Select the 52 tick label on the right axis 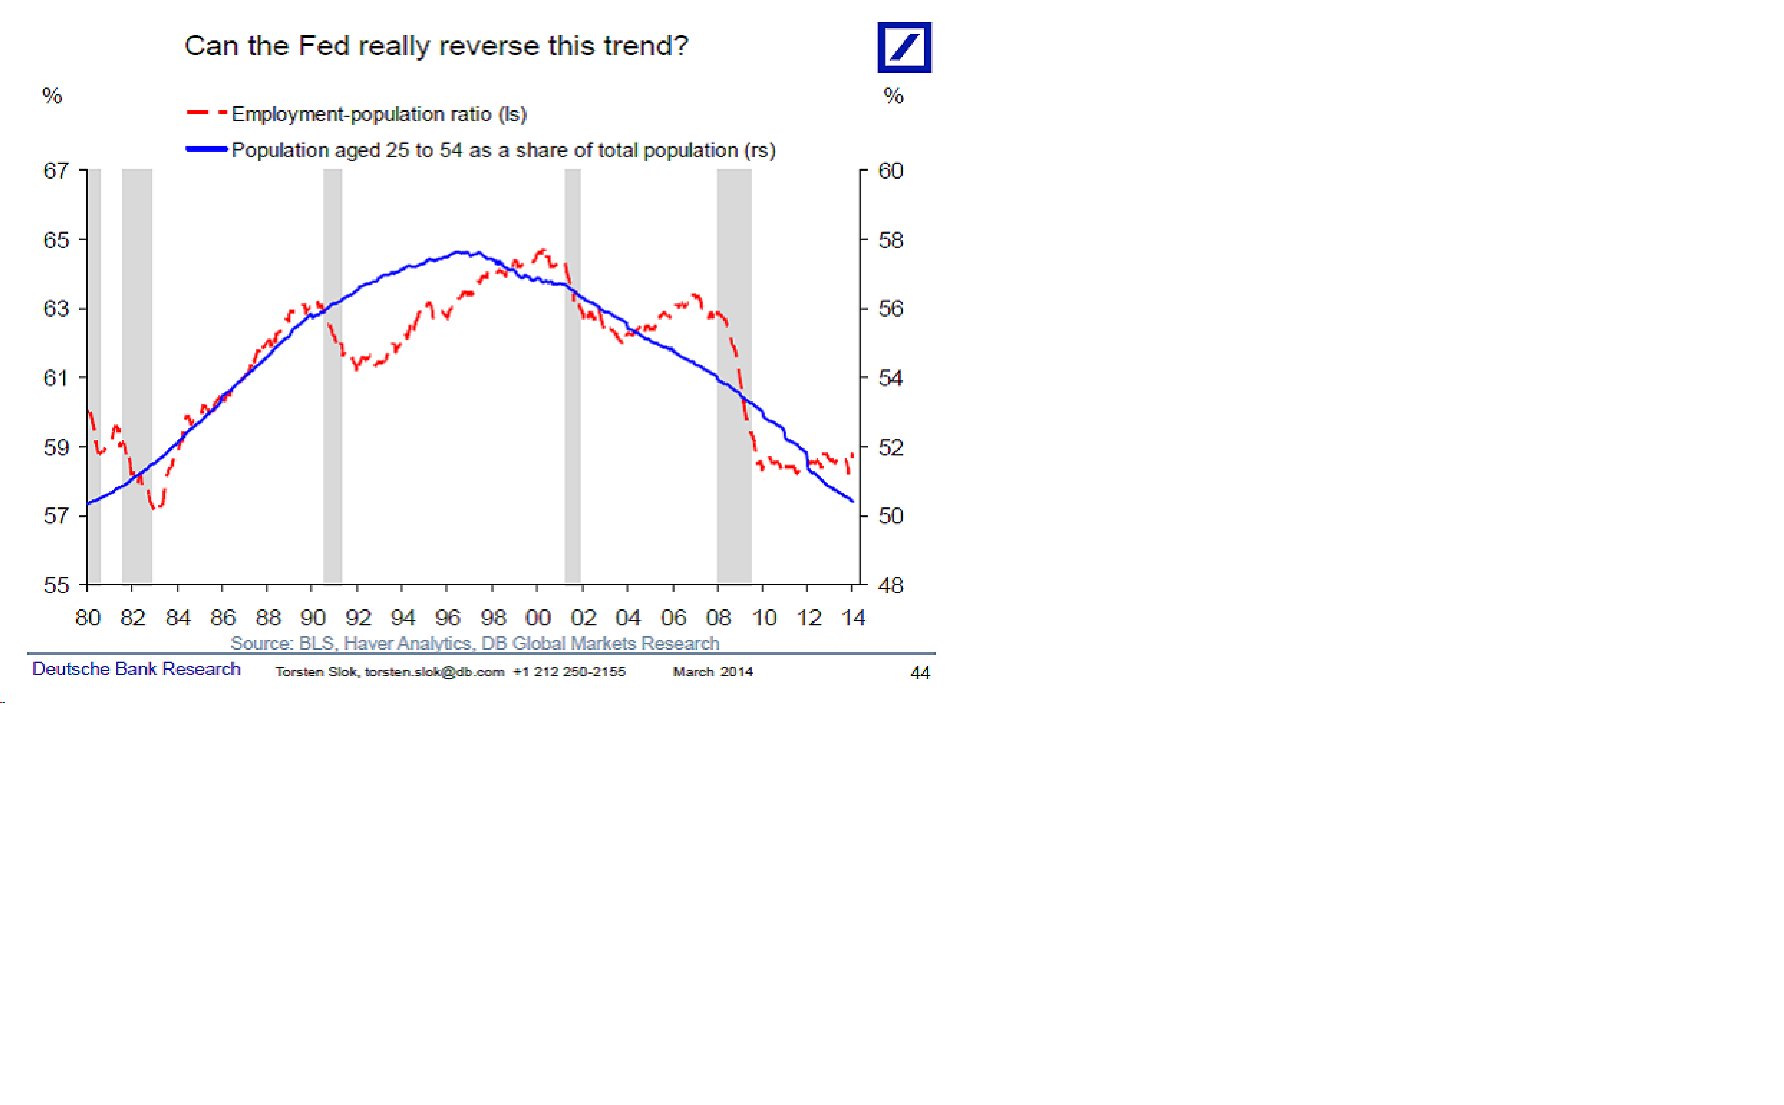(890, 447)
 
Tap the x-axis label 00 (538, 618)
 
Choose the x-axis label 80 (88, 618)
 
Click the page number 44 (919, 672)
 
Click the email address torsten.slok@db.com (434, 672)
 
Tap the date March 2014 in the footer (713, 672)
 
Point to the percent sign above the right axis (893, 96)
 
